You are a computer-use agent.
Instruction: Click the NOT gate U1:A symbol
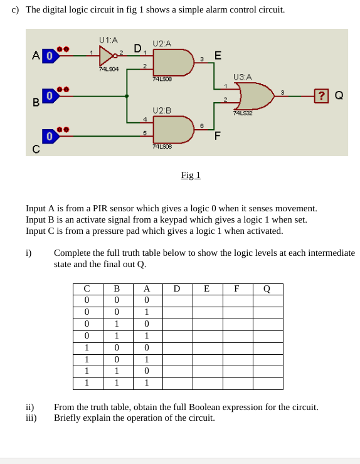(107, 56)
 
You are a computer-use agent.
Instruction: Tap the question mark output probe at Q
(322, 95)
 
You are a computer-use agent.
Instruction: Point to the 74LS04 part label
(109, 69)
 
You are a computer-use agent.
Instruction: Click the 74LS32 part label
(242, 113)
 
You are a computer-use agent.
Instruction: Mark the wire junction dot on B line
(127, 96)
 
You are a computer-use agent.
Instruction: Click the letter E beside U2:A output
(217, 56)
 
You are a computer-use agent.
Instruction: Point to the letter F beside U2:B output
(217, 135)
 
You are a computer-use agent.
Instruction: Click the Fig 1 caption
(190, 175)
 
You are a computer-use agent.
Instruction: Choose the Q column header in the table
(267, 289)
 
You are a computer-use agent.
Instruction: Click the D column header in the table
(177, 289)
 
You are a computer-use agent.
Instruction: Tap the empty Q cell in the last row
(267, 383)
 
